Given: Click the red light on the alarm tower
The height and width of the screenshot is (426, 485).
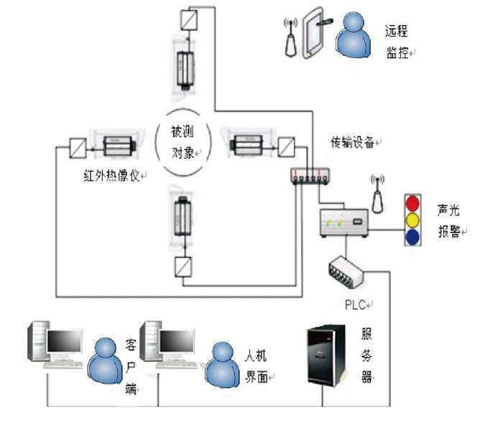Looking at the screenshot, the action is pos(412,203).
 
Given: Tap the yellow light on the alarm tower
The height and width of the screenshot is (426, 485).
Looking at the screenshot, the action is pos(412,220).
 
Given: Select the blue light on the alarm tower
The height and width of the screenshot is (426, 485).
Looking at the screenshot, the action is pos(412,237).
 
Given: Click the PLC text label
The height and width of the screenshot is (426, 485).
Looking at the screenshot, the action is pos(356,305).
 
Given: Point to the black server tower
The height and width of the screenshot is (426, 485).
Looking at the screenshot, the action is pos(325,355).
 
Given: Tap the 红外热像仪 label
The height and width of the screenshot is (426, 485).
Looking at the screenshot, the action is pos(111,175).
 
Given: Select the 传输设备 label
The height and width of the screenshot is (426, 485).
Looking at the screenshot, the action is pos(352,142).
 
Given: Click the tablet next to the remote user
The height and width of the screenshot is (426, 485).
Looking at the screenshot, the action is pos(313,32).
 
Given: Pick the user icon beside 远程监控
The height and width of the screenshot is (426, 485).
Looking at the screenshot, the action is pos(354,34).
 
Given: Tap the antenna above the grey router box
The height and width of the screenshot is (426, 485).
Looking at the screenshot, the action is pos(377,194).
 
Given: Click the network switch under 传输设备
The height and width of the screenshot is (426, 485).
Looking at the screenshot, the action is pos(310,176).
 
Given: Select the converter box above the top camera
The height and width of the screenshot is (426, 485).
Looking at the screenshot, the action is pos(189,20).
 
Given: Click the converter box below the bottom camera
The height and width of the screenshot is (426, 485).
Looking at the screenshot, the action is pos(183,267).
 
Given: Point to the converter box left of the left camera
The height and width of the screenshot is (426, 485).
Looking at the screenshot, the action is pos(78,148).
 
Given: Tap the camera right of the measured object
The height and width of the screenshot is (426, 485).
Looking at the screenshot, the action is pos(246,144).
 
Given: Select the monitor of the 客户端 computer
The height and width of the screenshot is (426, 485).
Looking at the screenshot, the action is pos(65,342).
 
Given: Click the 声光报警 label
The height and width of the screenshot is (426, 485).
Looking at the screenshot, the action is pos(449,221).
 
